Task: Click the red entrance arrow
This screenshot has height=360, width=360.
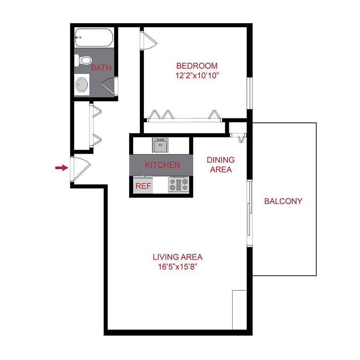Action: click(x=61, y=168)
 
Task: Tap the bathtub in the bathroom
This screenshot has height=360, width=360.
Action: click(x=94, y=38)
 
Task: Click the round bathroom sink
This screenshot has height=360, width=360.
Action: click(x=83, y=84)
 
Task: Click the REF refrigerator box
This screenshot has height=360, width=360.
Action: click(x=143, y=186)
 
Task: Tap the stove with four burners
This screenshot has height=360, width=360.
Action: click(x=178, y=185)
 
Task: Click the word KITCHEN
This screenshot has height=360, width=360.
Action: click(x=162, y=165)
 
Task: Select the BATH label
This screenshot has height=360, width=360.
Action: click(x=101, y=68)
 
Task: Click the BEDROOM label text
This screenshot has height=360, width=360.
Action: click(x=197, y=66)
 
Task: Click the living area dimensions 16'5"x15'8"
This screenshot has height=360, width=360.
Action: click(x=178, y=266)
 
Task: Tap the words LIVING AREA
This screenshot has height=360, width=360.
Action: click(x=178, y=257)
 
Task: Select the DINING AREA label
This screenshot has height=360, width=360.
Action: click(x=221, y=164)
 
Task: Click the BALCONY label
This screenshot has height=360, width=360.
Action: click(x=283, y=201)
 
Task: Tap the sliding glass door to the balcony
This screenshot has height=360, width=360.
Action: click(x=250, y=213)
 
